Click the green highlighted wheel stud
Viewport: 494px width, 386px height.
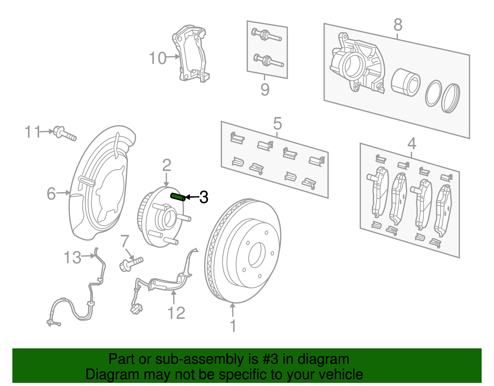(178, 197)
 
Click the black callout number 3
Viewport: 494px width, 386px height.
(203, 197)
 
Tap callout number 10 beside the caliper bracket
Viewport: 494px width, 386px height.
(157, 58)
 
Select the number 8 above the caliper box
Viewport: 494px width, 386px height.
(398, 25)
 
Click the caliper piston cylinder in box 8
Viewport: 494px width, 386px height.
(405, 83)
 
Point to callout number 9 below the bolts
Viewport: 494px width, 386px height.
(265, 90)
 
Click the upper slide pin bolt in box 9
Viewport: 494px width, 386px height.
(267, 35)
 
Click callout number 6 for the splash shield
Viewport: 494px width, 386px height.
(51, 194)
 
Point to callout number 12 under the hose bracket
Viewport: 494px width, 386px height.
(176, 313)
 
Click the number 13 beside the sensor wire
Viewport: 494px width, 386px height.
(72, 257)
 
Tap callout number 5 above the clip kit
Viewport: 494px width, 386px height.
(277, 124)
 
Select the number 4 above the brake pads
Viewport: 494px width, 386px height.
(412, 143)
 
